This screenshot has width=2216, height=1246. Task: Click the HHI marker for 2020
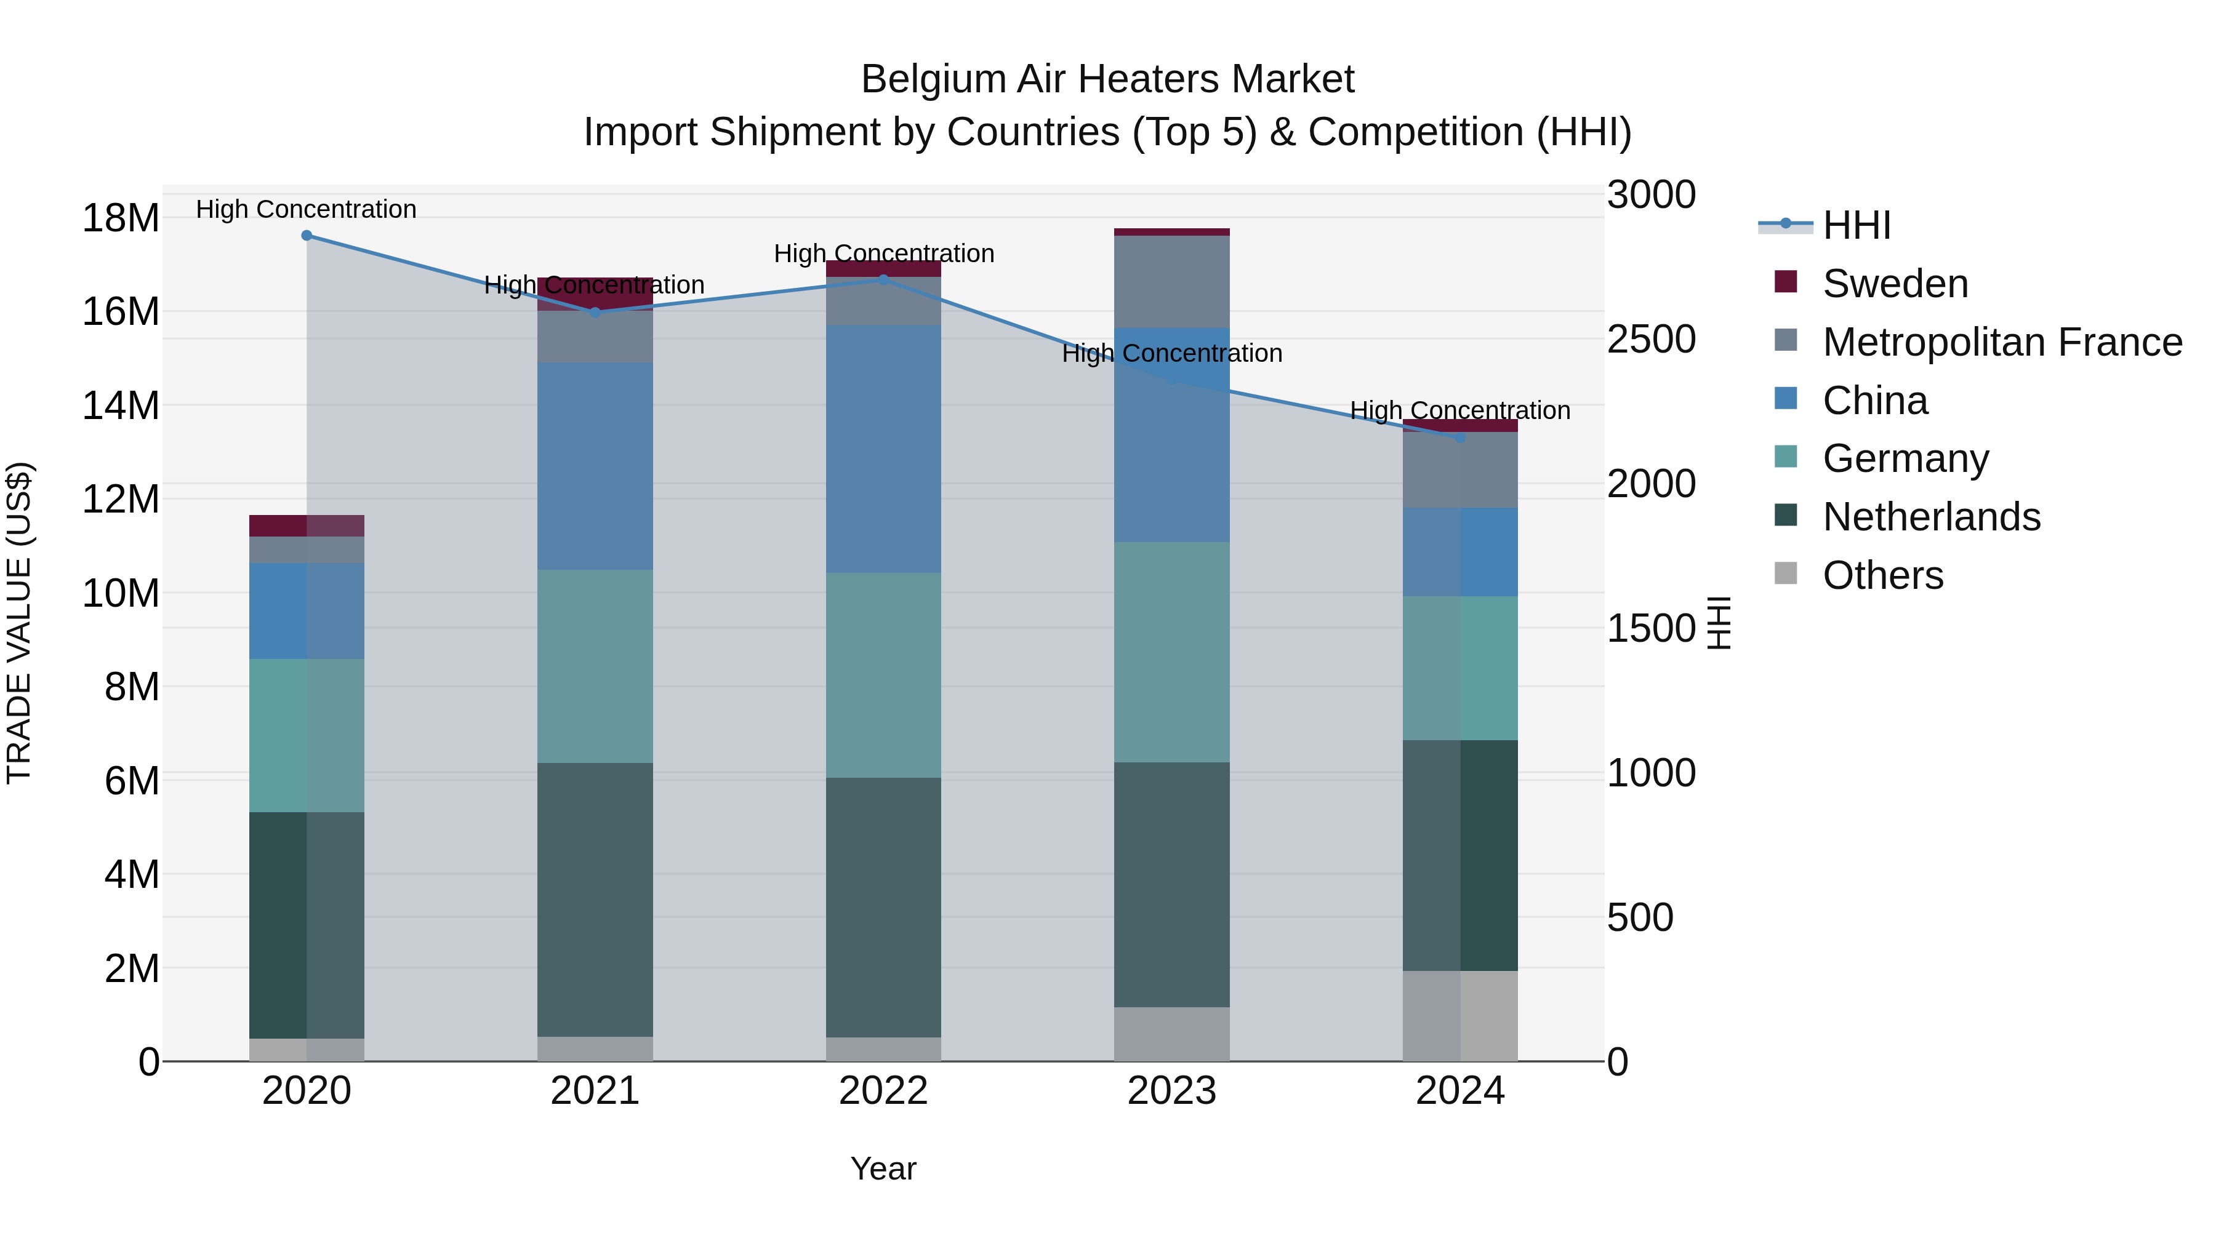click(307, 236)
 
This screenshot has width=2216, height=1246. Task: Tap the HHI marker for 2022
click(883, 279)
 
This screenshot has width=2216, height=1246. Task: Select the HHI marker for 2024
click(1460, 437)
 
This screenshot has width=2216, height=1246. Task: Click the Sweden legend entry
click(1893, 284)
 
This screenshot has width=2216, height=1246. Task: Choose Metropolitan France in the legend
click(2001, 342)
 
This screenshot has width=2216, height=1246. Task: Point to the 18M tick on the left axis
click(121, 218)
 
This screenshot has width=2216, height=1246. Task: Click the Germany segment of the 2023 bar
click(1171, 652)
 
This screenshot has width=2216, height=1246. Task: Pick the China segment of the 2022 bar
click(883, 449)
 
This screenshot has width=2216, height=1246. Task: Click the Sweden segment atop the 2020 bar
click(307, 525)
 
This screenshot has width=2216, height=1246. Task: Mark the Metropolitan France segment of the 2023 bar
click(1171, 281)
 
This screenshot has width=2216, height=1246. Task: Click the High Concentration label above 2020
click(307, 209)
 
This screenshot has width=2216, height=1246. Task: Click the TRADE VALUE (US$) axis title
click(19, 623)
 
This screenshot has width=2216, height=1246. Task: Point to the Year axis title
click(883, 1168)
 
